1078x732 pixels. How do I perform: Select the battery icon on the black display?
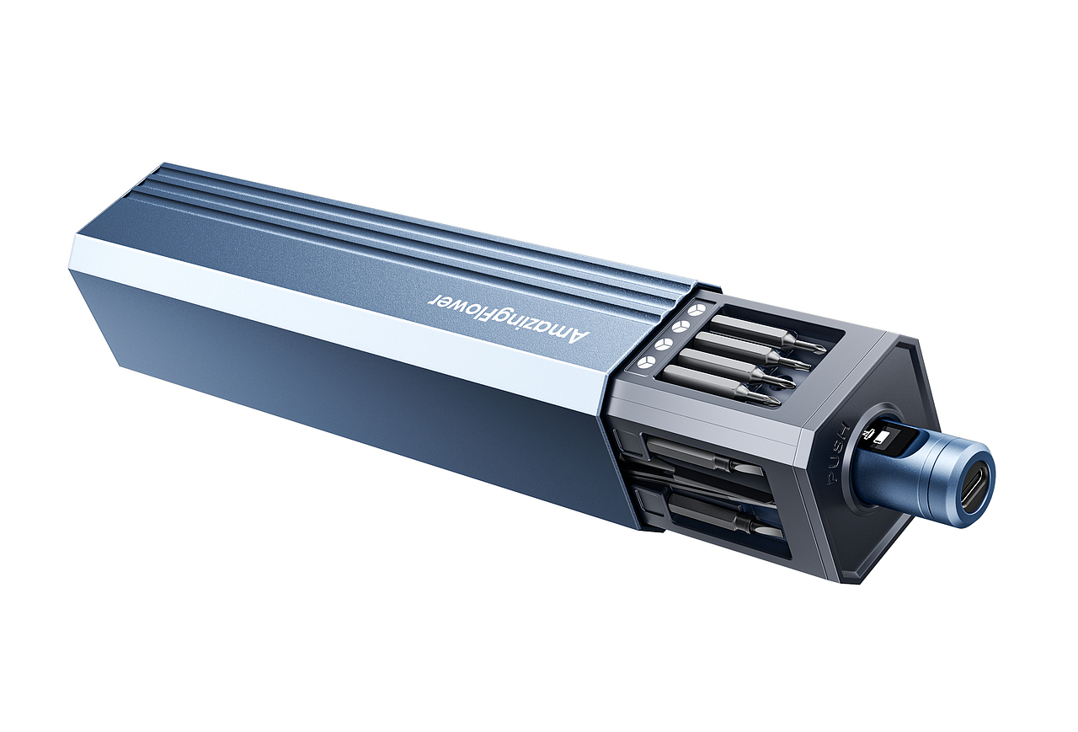881,437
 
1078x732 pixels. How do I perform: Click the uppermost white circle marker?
696,310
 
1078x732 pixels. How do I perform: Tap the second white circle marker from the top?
680,328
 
